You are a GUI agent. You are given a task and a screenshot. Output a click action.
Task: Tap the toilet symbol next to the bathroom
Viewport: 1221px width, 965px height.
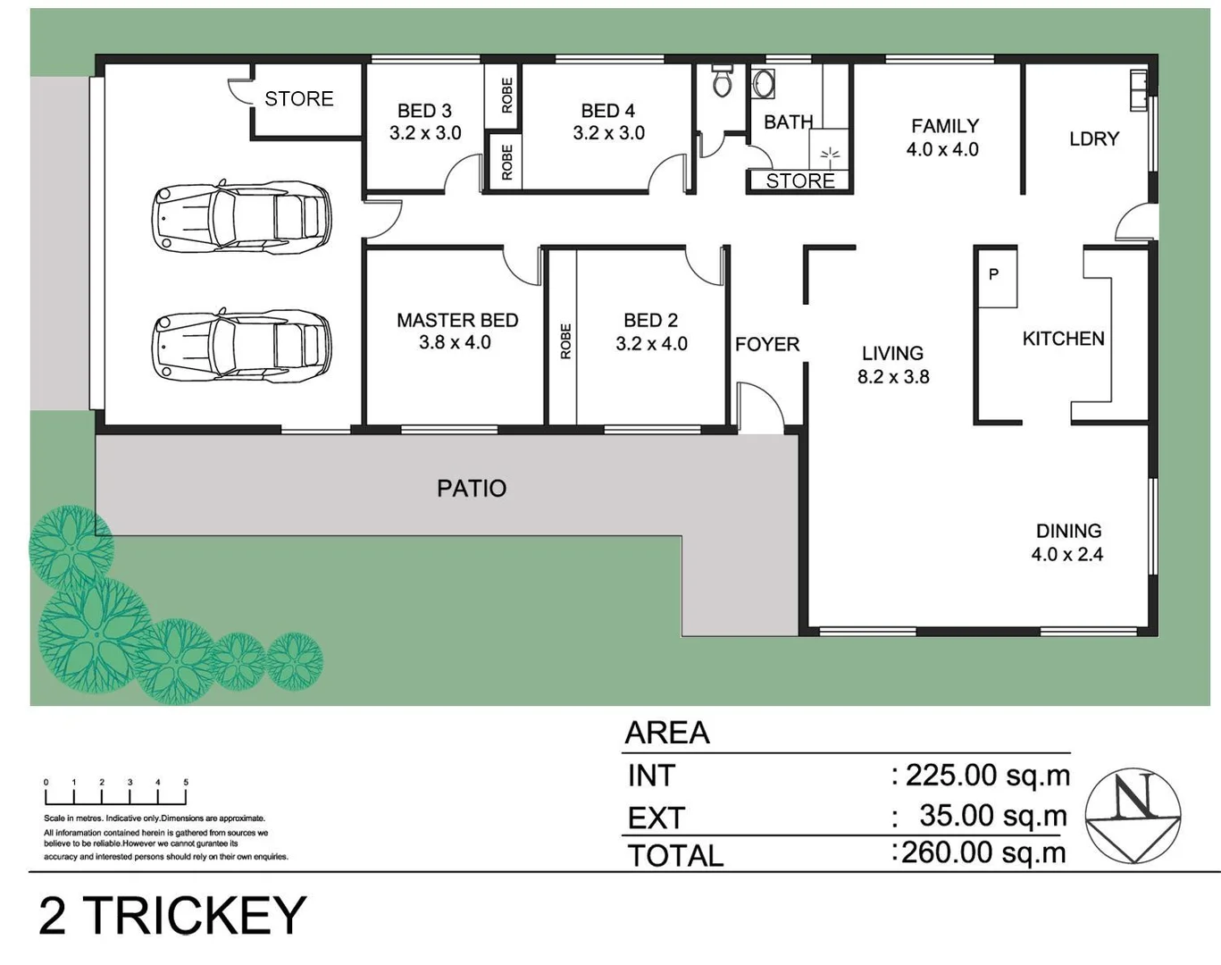(x=722, y=81)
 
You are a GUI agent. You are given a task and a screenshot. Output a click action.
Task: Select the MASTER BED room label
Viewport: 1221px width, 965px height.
(x=456, y=320)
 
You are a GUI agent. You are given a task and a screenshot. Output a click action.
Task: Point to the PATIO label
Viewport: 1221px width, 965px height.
(x=472, y=488)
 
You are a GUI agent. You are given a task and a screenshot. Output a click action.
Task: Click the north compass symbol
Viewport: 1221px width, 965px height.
(x=1133, y=815)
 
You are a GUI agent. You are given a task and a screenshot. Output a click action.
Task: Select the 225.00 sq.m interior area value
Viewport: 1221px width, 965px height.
(x=985, y=775)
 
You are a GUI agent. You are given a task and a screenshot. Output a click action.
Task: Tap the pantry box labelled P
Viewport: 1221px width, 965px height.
(x=994, y=276)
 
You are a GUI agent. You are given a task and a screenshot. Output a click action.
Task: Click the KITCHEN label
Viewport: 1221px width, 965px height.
(x=1063, y=339)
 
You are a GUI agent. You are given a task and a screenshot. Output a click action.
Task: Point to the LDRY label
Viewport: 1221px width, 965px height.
(x=1093, y=138)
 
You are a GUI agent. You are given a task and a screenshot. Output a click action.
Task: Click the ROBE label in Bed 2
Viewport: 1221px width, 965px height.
(x=565, y=341)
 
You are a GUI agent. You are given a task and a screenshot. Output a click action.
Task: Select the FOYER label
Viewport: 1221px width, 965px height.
(x=766, y=344)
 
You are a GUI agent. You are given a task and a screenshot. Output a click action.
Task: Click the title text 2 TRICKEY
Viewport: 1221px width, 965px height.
(x=172, y=916)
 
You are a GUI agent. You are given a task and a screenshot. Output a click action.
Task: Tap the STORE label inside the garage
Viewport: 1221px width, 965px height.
(x=298, y=98)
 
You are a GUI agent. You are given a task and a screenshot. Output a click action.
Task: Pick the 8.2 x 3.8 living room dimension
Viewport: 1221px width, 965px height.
(x=893, y=377)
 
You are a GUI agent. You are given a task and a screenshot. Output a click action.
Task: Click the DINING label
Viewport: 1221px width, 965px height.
(x=1068, y=530)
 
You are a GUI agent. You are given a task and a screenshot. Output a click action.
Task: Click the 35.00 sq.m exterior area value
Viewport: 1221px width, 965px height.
(x=991, y=815)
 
